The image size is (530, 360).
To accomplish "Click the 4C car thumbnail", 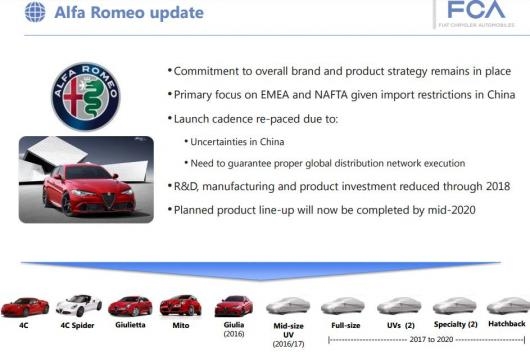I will point(23,304).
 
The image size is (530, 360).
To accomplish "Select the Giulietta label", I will point(129,326).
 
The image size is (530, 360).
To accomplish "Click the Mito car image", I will point(181,304).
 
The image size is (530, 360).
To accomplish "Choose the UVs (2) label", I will point(398,325).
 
